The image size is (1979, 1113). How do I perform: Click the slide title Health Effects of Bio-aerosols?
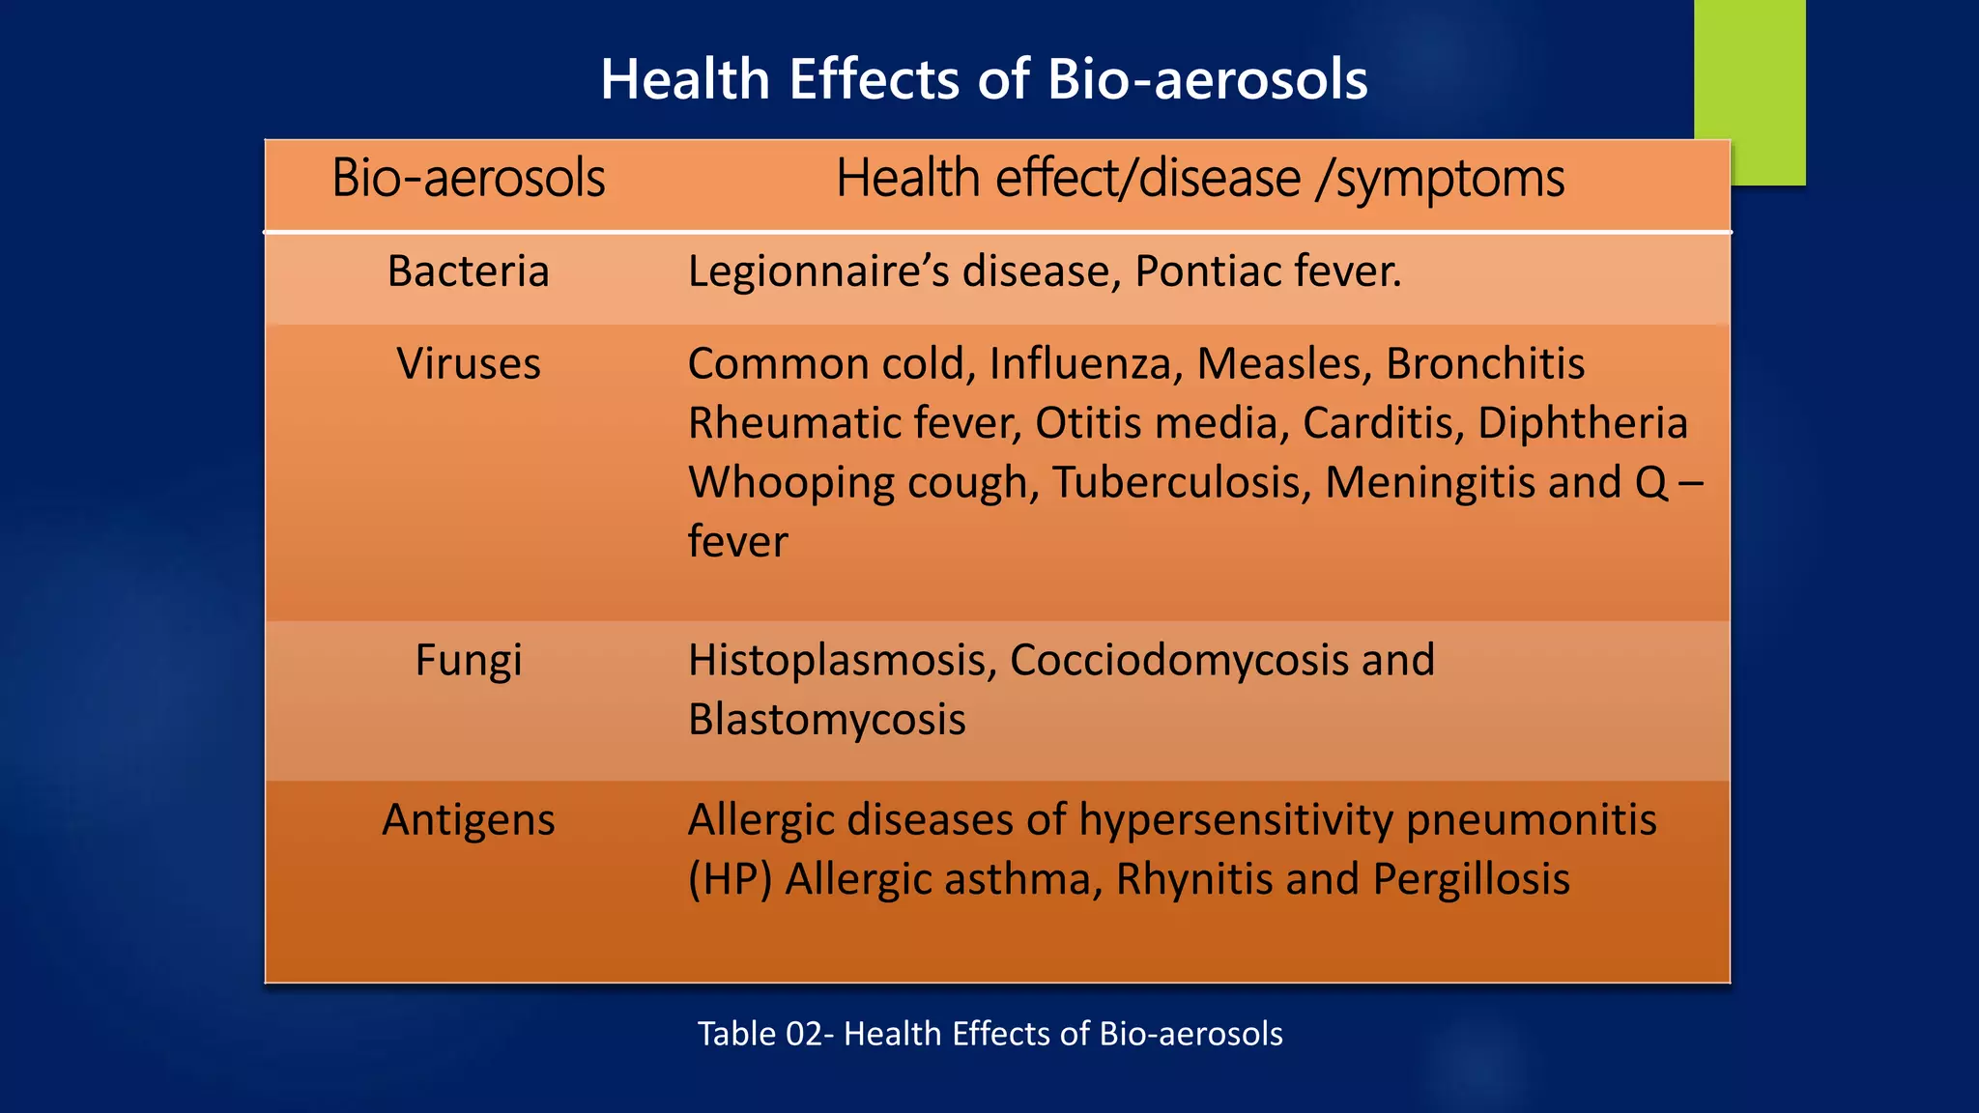[984, 79]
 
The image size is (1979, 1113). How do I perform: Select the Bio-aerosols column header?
[469, 179]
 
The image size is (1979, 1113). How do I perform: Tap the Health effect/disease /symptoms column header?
[1199, 179]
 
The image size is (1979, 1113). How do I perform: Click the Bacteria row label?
[469, 271]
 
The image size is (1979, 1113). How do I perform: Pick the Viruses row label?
[469, 364]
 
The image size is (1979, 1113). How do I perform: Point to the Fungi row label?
[469, 661]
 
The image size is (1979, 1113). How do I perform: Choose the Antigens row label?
[469, 820]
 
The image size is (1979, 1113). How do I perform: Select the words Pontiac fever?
[1268, 271]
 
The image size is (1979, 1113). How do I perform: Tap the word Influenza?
[1085, 364]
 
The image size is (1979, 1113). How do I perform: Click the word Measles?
[1284, 364]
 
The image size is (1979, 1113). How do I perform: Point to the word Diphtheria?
[1582, 423]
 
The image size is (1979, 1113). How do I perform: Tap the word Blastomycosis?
[827, 720]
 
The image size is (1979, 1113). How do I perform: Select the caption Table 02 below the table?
[989, 1034]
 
